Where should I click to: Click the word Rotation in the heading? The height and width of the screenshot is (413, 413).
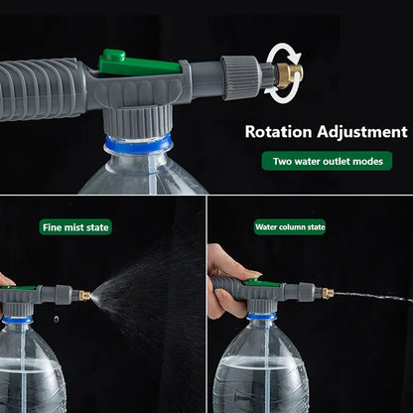coord(278,132)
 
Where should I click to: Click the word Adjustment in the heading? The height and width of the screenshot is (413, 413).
coord(362,132)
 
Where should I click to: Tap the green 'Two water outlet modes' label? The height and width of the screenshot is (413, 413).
coord(327,161)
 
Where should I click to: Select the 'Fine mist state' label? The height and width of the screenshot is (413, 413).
coord(75,227)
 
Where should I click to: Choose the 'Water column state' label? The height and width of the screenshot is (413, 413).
coord(290,227)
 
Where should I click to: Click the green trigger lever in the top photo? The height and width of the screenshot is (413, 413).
coord(139,64)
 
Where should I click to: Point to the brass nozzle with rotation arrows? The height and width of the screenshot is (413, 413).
coord(289,75)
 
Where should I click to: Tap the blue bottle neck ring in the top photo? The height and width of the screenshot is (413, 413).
coord(138,143)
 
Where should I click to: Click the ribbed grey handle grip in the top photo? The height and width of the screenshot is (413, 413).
coord(40,88)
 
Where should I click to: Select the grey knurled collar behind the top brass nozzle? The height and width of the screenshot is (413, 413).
coord(240,77)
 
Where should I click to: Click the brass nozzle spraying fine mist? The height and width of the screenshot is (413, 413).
coord(84,296)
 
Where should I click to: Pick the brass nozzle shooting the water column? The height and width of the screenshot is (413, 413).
coord(328,293)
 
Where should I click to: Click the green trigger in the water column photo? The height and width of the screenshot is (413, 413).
coord(262,283)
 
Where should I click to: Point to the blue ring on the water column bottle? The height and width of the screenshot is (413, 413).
coord(261,316)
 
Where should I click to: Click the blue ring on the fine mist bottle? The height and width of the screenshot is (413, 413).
coord(17,319)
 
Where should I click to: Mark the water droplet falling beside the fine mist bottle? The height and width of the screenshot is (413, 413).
coord(57,319)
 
